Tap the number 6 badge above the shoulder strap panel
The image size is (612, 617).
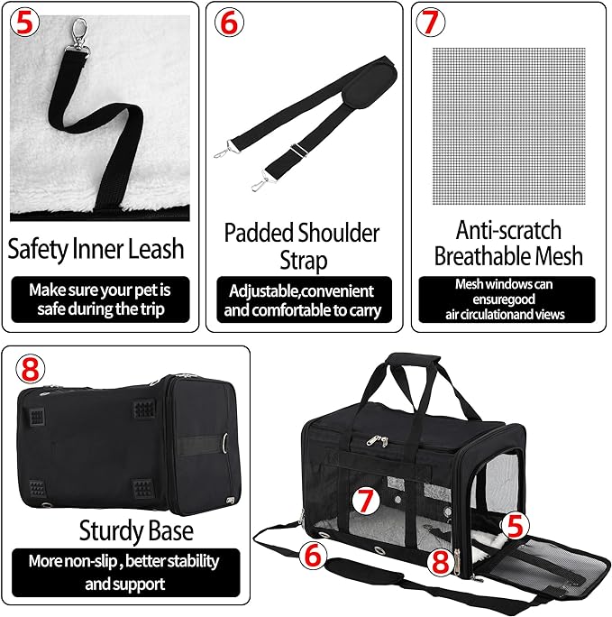click(x=230, y=23)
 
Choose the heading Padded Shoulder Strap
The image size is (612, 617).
click(x=301, y=246)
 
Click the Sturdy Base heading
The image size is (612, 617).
click(x=136, y=530)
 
